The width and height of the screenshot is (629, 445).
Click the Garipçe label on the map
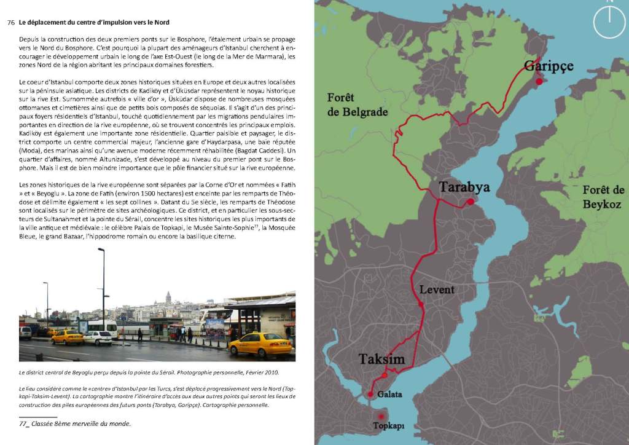[x=548, y=66]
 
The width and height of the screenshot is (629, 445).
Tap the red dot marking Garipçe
[x=539, y=81]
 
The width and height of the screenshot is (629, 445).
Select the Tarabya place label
[x=464, y=187]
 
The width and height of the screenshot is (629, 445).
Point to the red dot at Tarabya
[x=470, y=202]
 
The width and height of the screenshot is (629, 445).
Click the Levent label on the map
[x=437, y=289]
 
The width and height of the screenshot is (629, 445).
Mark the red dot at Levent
[x=421, y=304]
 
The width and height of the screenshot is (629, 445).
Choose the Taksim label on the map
[x=381, y=360]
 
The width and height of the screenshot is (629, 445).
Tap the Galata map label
[x=390, y=394]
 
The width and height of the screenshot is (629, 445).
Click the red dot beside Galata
[x=371, y=394]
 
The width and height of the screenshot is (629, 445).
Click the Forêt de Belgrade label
[x=349, y=104]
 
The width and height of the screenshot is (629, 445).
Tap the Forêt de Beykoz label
[x=603, y=197]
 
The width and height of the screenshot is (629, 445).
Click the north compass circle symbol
[x=609, y=20]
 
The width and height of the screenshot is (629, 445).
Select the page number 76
[x=10, y=23]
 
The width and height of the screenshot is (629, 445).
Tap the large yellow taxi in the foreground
[x=259, y=345]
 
